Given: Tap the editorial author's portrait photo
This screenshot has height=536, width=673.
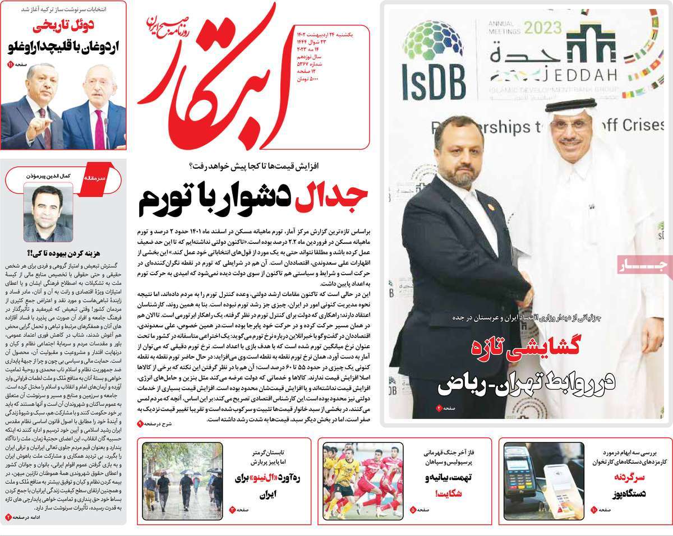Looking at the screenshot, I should [x=48, y=212].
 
